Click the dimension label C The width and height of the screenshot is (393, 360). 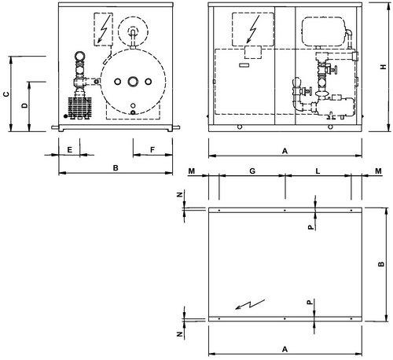pyautogui.click(x=7, y=94)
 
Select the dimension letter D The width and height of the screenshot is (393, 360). pyautogui.click(x=24, y=105)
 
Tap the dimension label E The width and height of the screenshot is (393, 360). pyautogui.click(x=69, y=150)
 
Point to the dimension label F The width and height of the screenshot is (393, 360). pyautogui.click(x=152, y=150)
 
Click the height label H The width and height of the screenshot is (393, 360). pyautogui.click(x=384, y=67)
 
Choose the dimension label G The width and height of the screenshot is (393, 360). pyautogui.click(x=252, y=171)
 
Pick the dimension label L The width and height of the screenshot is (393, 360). pyautogui.click(x=318, y=171)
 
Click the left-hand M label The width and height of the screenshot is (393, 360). pyautogui.click(x=192, y=171)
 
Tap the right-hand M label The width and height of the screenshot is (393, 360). pyautogui.click(x=378, y=171)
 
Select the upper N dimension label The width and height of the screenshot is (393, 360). pyautogui.click(x=180, y=194)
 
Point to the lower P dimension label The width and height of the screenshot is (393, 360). pyautogui.click(x=310, y=302)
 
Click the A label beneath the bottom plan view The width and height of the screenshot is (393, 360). pyautogui.click(x=285, y=349)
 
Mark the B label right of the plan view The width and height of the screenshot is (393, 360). pyautogui.click(x=381, y=264)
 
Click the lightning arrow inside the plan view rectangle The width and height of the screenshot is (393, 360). pyautogui.click(x=250, y=304)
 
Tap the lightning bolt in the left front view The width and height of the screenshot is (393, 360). pyautogui.click(x=104, y=30)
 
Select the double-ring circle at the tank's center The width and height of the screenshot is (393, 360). pyautogui.click(x=133, y=82)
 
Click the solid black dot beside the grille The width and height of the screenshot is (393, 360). pyautogui.click(x=65, y=116)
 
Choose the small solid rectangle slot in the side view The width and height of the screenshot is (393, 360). pyautogui.click(x=244, y=65)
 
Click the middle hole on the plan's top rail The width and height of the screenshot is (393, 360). pyautogui.click(x=285, y=210)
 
